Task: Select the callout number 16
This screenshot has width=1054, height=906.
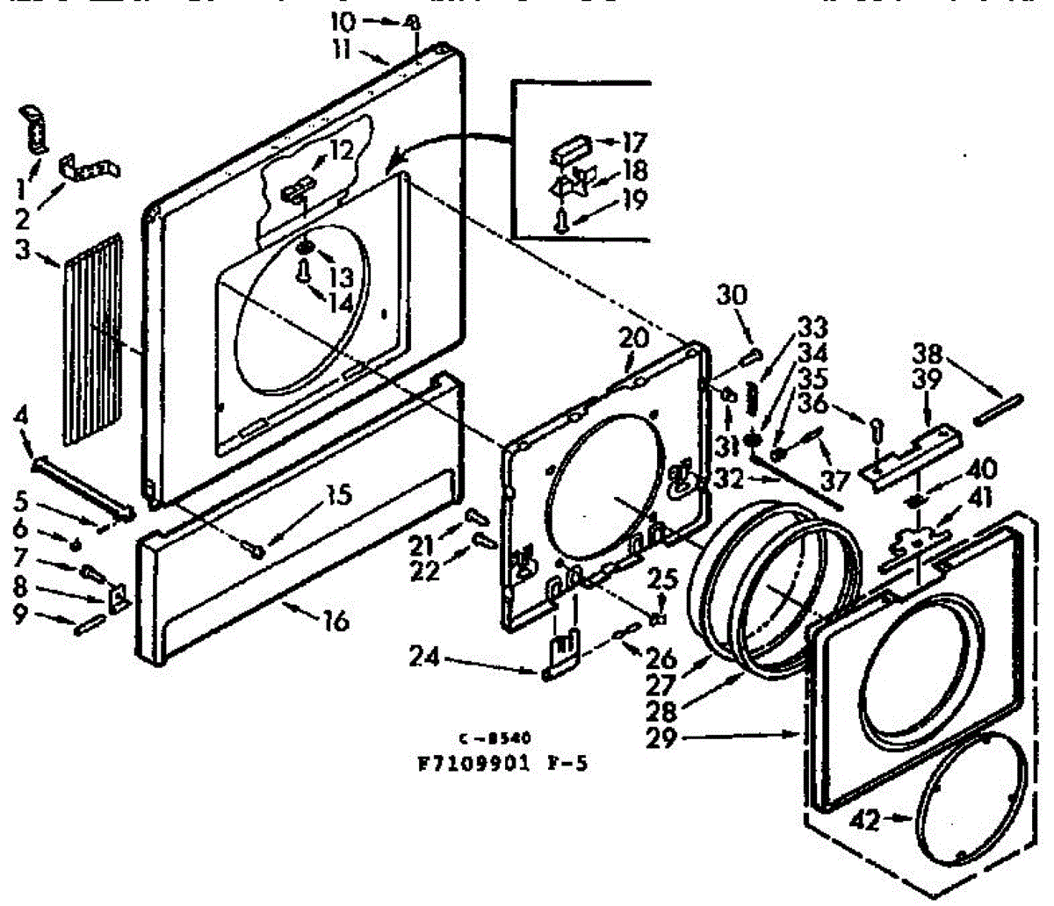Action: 334,622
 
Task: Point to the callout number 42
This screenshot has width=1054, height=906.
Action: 867,821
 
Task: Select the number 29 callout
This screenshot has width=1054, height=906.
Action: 661,738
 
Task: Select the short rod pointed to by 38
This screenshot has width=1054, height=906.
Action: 998,409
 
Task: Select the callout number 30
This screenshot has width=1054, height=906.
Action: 733,295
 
